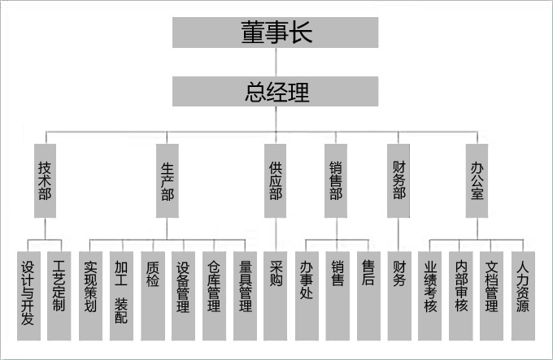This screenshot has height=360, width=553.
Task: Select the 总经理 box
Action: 276,90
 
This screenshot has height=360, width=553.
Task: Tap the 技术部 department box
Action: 46,180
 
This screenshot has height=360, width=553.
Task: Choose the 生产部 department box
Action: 168,180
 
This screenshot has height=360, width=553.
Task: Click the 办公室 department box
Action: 477,180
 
